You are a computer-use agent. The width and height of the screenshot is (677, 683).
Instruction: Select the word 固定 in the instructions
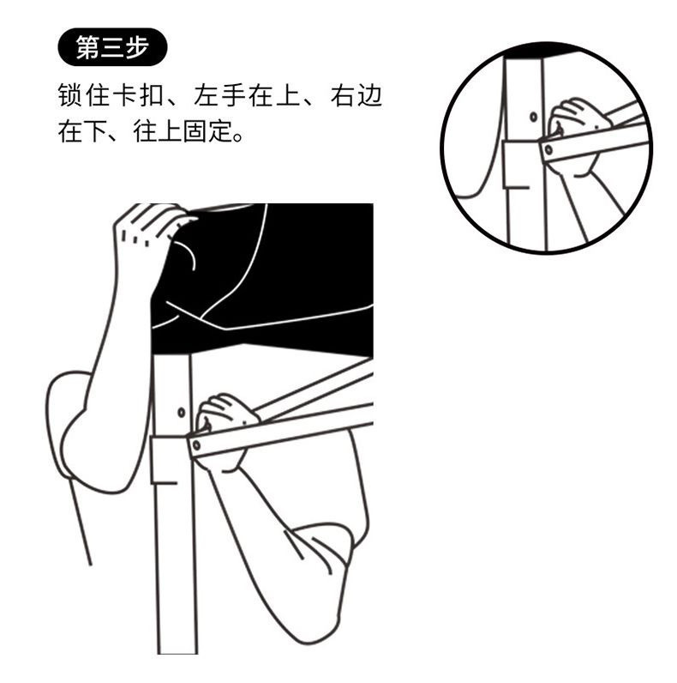[x=202, y=134]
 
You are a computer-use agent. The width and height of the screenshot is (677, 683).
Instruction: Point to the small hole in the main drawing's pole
[x=181, y=413]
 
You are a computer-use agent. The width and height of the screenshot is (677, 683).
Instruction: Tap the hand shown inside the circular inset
[x=576, y=129]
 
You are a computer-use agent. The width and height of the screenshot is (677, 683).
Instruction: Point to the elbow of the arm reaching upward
[x=77, y=438]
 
